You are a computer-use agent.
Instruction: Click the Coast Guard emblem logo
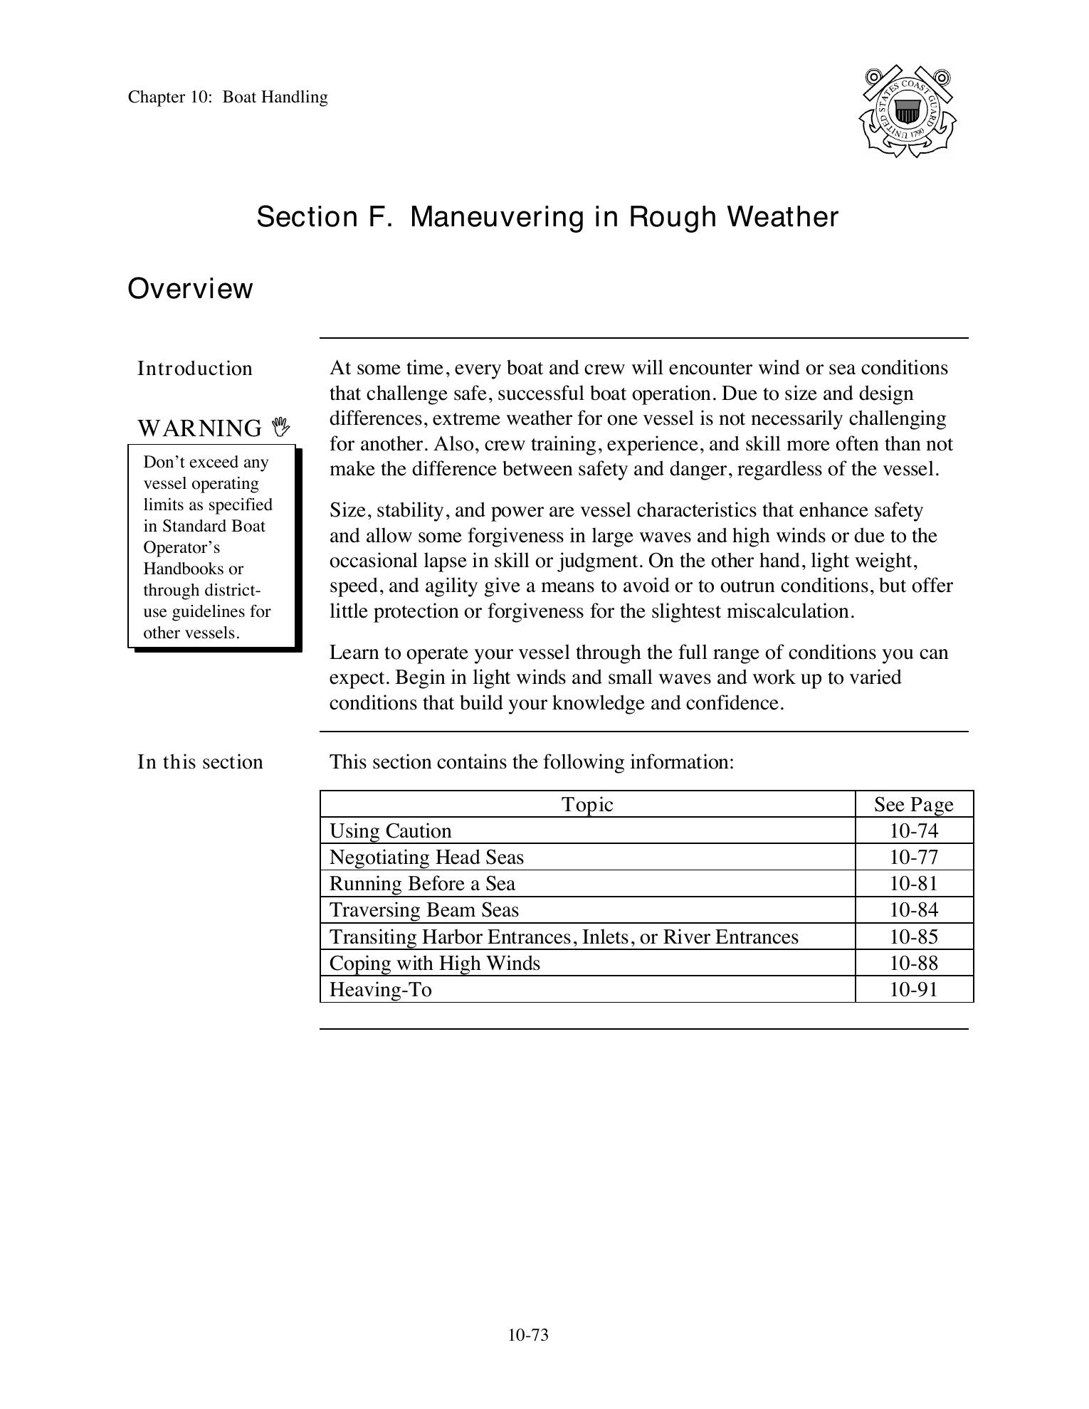pyautogui.click(x=907, y=112)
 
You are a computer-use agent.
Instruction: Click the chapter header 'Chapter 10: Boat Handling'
pyautogui.click(x=228, y=97)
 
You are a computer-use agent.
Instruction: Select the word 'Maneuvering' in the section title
pyautogui.click(x=498, y=217)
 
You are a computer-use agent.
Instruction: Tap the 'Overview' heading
pyautogui.click(x=190, y=289)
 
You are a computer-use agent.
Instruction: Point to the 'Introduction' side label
pyautogui.click(x=195, y=369)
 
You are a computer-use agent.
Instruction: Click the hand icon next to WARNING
pyautogui.click(x=281, y=427)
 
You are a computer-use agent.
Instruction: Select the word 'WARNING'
pyautogui.click(x=200, y=428)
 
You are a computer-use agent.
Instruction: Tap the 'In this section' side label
pyautogui.click(x=200, y=762)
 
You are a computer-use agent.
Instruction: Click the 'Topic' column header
pyautogui.click(x=587, y=804)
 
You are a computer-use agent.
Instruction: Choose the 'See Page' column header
pyautogui.click(x=913, y=804)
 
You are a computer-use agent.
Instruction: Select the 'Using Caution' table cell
pyautogui.click(x=390, y=831)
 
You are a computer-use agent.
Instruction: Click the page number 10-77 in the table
pyautogui.click(x=913, y=857)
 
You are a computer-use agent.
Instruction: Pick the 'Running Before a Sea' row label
pyautogui.click(x=422, y=884)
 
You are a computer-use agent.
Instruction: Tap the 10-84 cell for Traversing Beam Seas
pyautogui.click(x=913, y=910)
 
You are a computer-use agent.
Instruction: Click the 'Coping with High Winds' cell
pyautogui.click(x=434, y=964)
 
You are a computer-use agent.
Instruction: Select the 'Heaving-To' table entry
pyautogui.click(x=380, y=990)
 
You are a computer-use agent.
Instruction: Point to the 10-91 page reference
pyautogui.click(x=913, y=990)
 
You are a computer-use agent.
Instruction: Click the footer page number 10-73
pyautogui.click(x=528, y=1335)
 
